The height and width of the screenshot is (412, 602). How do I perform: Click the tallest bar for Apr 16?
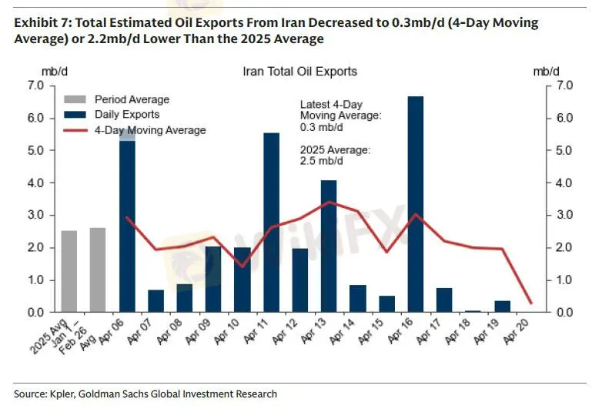tap(415, 204)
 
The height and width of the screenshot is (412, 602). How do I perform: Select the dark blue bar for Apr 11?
tap(271, 223)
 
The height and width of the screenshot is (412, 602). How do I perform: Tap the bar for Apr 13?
tap(329, 246)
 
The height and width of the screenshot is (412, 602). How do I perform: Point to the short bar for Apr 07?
tap(156, 301)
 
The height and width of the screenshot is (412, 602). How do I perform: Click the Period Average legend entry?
tap(131, 99)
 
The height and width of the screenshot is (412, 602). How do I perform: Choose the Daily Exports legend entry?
tap(127, 115)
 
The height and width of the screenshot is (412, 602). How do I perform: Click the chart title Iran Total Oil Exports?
tap(300, 72)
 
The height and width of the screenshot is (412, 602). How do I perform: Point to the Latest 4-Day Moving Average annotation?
tap(341, 115)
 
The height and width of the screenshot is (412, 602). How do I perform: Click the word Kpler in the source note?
tap(65, 394)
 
